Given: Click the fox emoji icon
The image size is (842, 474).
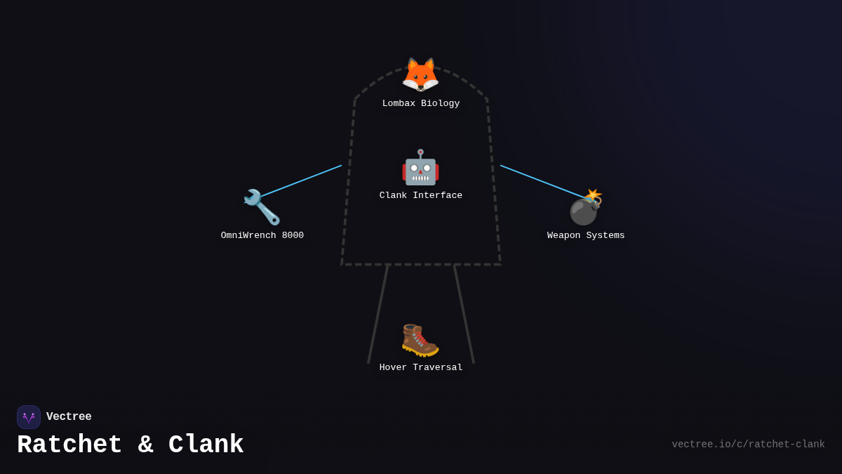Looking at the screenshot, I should (x=420, y=75).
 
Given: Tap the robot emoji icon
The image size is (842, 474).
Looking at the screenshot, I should (x=420, y=168).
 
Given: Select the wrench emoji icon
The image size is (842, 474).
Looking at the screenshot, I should (x=262, y=207).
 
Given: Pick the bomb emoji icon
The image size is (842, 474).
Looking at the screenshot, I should (x=586, y=207).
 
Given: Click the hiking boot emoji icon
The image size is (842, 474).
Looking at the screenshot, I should (x=420, y=340).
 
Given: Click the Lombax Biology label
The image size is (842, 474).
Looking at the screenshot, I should (x=421, y=104).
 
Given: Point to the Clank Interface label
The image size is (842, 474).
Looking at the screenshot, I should (x=421, y=196).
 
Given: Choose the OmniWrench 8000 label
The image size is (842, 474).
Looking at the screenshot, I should (x=262, y=236).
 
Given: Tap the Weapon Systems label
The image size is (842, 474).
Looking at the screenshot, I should (x=586, y=236).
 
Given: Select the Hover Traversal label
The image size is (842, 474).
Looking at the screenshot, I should (x=421, y=368).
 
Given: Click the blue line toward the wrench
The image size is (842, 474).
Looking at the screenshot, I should (x=302, y=180).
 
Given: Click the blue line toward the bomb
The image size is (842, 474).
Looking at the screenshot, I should (x=540, y=180).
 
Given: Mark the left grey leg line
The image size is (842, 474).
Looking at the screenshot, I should (x=378, y=314).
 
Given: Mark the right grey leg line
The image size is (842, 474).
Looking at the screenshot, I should (x=464, y=314).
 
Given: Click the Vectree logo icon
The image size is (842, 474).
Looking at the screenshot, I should (x=29, y=417).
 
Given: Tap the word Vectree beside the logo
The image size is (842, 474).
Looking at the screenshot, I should (x=69, y=417).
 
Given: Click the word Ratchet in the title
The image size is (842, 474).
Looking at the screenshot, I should (x=69, y=445).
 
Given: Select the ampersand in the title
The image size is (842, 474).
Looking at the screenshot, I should (x=146, y=445).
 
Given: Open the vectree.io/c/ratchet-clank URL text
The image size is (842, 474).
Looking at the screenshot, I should (x=748, y=445).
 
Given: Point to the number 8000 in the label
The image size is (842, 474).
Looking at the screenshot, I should (x=293, y=236).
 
